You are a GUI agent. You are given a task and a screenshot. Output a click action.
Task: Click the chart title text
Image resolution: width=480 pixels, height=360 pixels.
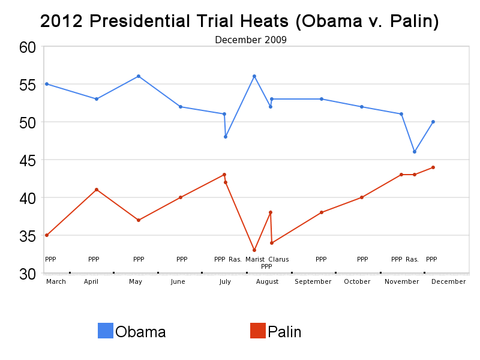239,22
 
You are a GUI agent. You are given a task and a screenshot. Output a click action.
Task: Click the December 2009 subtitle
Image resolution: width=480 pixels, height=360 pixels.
251,40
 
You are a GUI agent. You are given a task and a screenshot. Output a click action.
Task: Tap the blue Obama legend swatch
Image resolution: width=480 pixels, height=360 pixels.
106,331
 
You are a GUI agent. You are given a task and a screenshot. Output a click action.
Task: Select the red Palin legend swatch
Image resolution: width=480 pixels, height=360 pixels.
258,331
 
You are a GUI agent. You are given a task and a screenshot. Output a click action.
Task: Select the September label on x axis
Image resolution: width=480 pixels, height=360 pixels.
313,281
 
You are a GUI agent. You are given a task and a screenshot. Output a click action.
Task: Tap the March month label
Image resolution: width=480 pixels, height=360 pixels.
56,281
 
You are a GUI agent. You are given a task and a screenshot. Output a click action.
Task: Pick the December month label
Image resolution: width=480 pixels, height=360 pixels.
448,281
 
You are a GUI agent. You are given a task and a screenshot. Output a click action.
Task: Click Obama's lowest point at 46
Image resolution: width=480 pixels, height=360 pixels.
414,152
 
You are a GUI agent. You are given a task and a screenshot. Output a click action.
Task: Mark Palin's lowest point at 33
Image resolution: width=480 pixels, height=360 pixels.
254,250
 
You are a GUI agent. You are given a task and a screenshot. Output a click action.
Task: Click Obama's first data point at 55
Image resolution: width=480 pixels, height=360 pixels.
47,84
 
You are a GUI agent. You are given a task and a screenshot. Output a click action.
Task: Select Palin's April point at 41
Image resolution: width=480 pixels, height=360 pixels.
97,190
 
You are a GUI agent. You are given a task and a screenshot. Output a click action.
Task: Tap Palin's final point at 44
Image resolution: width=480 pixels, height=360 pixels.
433,167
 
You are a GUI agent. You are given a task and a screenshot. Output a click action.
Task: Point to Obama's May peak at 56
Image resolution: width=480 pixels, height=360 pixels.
139,76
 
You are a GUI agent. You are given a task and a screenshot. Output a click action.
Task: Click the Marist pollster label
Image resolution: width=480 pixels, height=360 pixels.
255,259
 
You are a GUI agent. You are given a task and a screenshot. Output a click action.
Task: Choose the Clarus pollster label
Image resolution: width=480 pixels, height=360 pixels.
278,259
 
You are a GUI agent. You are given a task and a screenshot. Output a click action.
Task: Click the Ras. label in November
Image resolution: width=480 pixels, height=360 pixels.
412,259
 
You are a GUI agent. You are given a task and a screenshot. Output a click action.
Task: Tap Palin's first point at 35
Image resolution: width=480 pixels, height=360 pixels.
47,235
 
